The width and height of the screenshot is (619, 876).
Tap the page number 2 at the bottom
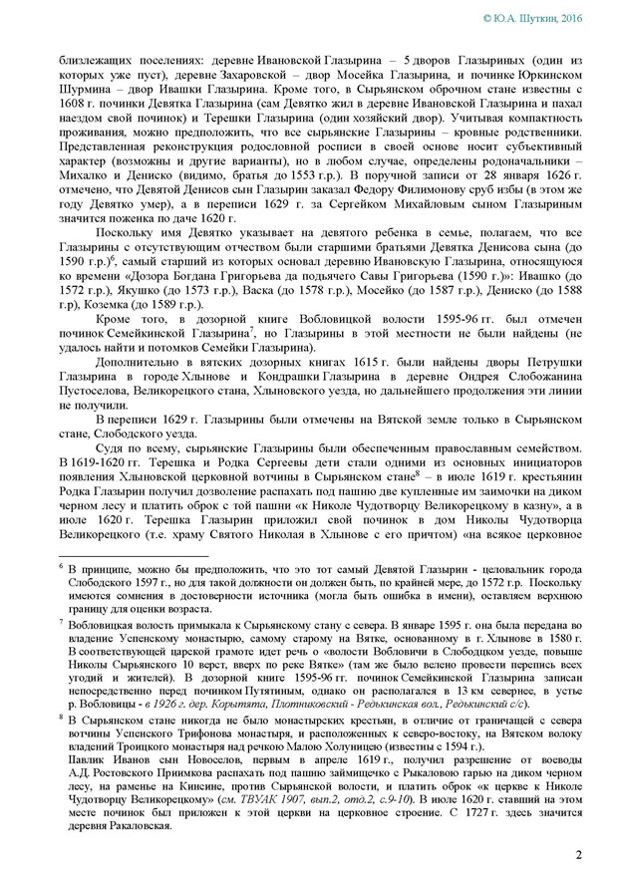(x=579, y=854)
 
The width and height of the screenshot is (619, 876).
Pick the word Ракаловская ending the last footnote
(x=144, y=826)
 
